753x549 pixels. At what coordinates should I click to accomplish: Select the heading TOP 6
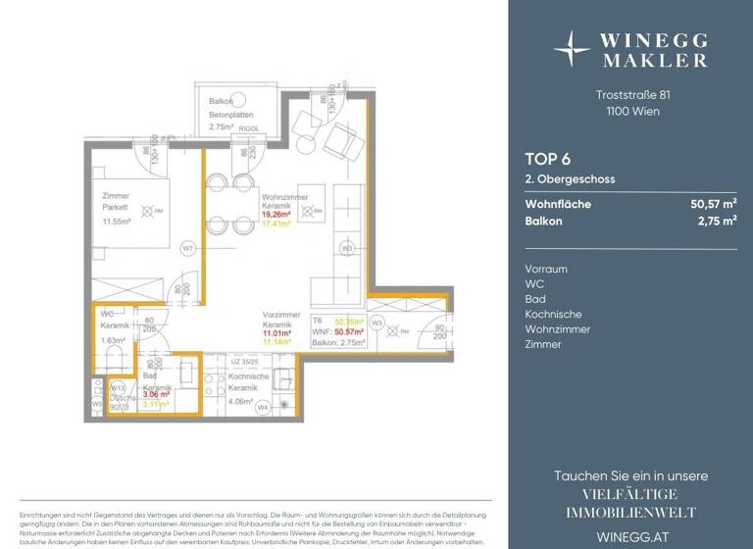[546, 160]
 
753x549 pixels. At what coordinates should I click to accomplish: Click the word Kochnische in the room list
[552, 314]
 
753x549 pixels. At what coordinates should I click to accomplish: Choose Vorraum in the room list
[547, 269]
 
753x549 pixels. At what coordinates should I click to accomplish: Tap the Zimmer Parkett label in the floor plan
[116, 202]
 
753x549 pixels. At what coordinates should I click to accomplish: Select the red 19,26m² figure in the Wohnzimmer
[278, 213]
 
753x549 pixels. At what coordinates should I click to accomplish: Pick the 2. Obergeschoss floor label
[568, 179]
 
